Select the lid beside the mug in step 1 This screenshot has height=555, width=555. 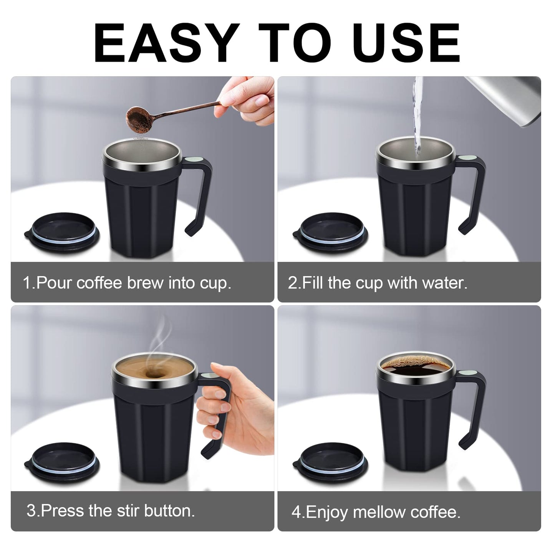tap(62, 234)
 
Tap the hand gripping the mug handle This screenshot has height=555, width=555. tap(230, 411)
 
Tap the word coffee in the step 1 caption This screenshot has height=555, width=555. tap(99, 283)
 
